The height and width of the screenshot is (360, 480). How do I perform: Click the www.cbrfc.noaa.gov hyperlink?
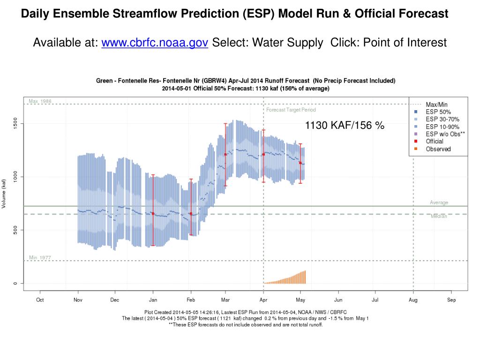tap(155, 43)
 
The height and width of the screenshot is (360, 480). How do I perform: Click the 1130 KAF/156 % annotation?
tap(345, 125)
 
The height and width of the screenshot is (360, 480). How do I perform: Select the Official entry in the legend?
tap(435, 141)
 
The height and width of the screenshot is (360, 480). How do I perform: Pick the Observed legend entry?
tap(438, 149)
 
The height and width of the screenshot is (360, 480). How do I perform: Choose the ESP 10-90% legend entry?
tap(442, 127)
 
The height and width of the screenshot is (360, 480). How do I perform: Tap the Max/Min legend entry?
tap(436, 104)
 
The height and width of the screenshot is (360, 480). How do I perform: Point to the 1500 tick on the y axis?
tap(15, 123)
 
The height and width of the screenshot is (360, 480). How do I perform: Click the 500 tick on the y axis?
tap(15, 230)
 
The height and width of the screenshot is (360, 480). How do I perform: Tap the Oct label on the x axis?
tap(40, 300)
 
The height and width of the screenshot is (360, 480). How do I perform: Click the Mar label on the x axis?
tap(225, 300)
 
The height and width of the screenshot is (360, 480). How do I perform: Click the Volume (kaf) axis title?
tap(4, 194)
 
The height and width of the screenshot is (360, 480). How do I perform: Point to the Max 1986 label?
tap(40, 101)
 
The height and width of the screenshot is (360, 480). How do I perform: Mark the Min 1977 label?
tap(40, 258)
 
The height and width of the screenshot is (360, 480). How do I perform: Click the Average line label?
tap(439, 202)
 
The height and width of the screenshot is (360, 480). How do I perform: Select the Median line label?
tap(439, 216)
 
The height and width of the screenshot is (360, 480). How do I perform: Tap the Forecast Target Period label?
tap(291, 110)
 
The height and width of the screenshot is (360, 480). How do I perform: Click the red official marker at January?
tap(153, 214)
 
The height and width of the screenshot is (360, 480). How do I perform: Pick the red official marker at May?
tap(300, 163)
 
